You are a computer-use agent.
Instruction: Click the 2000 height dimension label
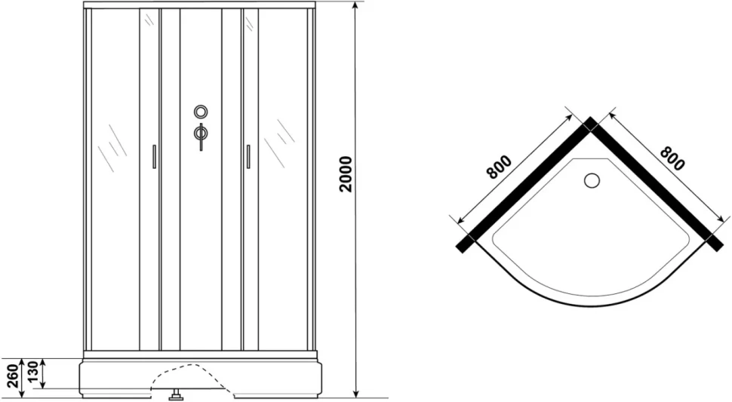[346, 174]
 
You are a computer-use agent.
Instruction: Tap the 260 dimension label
[13, 376]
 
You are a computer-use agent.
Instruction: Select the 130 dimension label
[33, 371]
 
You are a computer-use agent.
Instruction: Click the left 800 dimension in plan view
[499, 167]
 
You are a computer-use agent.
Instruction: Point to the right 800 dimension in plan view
[672, 158]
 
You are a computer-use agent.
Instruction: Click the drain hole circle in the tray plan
[592, 180]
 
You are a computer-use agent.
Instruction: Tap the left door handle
[154, 156]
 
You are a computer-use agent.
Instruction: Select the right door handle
[248, 156]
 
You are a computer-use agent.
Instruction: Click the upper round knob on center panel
[201, 112]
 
